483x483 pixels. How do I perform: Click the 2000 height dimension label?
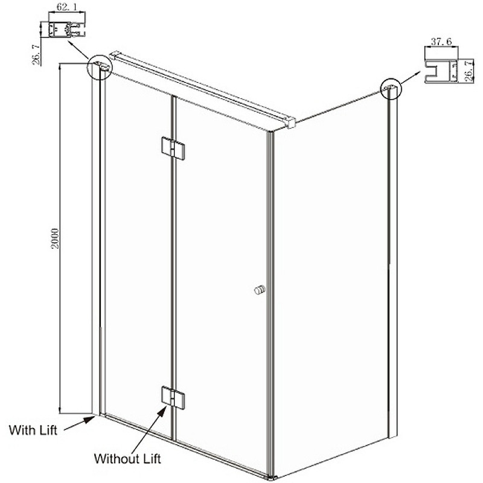pyautogui.click(x=55, y=238)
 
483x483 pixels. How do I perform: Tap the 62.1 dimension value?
pyautogui.click(x=67, y=7)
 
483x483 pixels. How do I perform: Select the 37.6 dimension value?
pyautogui.click(x=441, y=41)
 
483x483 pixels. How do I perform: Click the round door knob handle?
pyautogui.click(x=260, y=290)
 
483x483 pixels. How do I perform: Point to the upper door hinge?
pyautogui.click(x=173, y=148)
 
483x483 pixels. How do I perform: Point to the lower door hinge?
pyautogui.click(x=173, y=398)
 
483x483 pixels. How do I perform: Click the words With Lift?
pyautogui.click(x=33, y=430)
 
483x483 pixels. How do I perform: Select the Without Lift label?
pyautogui.click(x=127, y=459)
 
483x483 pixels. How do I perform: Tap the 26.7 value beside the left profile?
pyautogui.click(x=36, y=54)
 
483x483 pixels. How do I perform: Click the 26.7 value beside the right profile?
pyautogui.click(x=469, y=71)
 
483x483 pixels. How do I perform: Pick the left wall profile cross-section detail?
pyautogui.click(x=66, y=29)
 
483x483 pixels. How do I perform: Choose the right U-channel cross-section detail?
pyautogui.click(x=441, y=71)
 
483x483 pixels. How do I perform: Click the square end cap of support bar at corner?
pyautogui.click(x=291, y=123)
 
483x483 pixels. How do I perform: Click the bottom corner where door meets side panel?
pyautogui.click(x=270, y=477)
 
